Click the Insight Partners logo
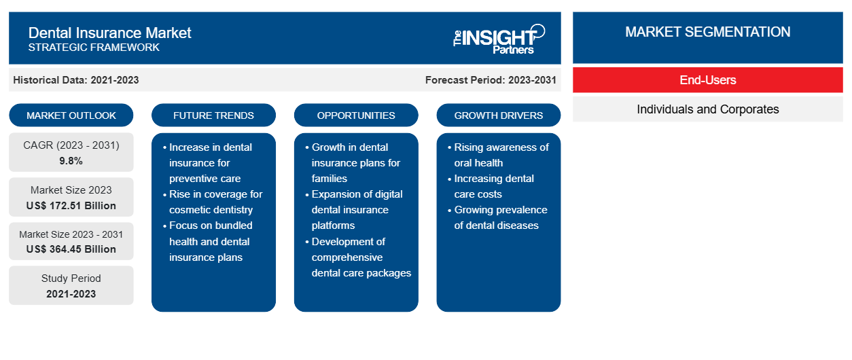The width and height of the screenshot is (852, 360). [x=499, y=39]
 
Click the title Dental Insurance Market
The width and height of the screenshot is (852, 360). [x=109, y=33]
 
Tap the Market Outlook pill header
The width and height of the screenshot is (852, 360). [x=71, y=115]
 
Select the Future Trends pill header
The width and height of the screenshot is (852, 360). [x=213, y=115]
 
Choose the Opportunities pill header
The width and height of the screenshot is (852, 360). [x=356, y=115]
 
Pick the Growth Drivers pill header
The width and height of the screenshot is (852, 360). [x=498, y=115]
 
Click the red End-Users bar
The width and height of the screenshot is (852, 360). [x=708, y=80]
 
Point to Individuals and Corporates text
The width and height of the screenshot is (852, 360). [x=708, y=109]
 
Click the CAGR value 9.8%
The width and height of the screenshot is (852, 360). [x=71, y=161]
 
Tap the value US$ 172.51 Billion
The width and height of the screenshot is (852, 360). [x=71, y=206]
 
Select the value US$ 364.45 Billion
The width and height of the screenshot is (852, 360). [x=71, y=249]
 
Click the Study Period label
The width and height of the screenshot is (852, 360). [x=71, y=278]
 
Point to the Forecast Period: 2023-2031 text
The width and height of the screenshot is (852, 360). [x=491, y=80]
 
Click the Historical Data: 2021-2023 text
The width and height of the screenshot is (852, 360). [x=76, y=80]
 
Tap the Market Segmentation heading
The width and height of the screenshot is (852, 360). [x=708, y=32]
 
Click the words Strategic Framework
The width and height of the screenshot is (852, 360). [x=94, y=48]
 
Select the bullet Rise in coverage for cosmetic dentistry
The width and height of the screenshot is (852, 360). [x=213, y=202]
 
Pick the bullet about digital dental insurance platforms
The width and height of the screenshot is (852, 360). [x=354, y=210]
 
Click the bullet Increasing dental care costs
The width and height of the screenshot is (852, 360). [x=491, y=186]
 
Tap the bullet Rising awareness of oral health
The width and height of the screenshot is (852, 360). [x=498, y=155]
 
